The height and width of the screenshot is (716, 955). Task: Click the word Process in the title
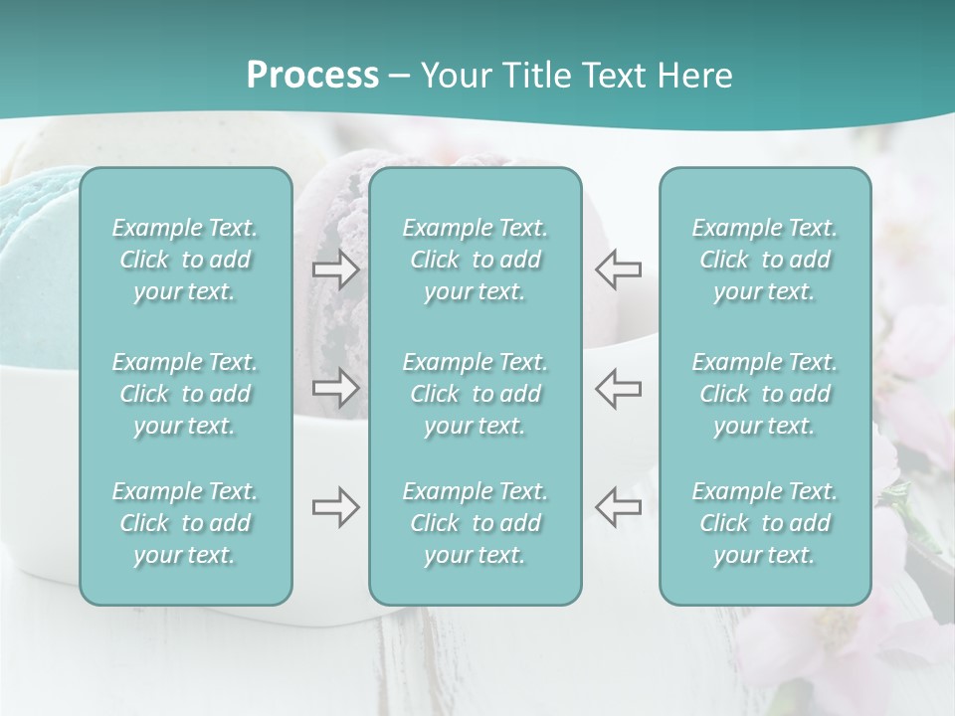(x=312, y=76)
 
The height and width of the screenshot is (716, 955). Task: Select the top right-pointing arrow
(x=336, y=269)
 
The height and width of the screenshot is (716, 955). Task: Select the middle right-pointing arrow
(x=336, y=388)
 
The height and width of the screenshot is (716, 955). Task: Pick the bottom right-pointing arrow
(x=336, y=507)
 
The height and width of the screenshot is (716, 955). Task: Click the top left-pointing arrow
(x=619, y=269)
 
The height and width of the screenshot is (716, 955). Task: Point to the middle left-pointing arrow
(x=619, y=388)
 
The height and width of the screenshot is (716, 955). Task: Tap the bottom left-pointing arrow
(x=619, y=507)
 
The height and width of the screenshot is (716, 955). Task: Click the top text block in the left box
(x=185, y=260)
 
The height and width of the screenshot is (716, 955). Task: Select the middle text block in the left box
(x=185, y=394)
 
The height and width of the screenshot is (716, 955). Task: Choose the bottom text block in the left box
(x=185, y=523)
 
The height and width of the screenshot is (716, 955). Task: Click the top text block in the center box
(x=476, y=260)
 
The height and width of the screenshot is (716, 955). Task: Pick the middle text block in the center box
(x=476, y=394)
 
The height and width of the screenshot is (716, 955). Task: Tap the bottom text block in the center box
(x=476, y=523)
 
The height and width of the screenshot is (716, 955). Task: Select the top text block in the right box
(x=765, y=260)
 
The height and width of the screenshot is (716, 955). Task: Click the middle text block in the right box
(x=765, y=394)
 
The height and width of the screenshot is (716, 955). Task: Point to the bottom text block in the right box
(x=765, y=523)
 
